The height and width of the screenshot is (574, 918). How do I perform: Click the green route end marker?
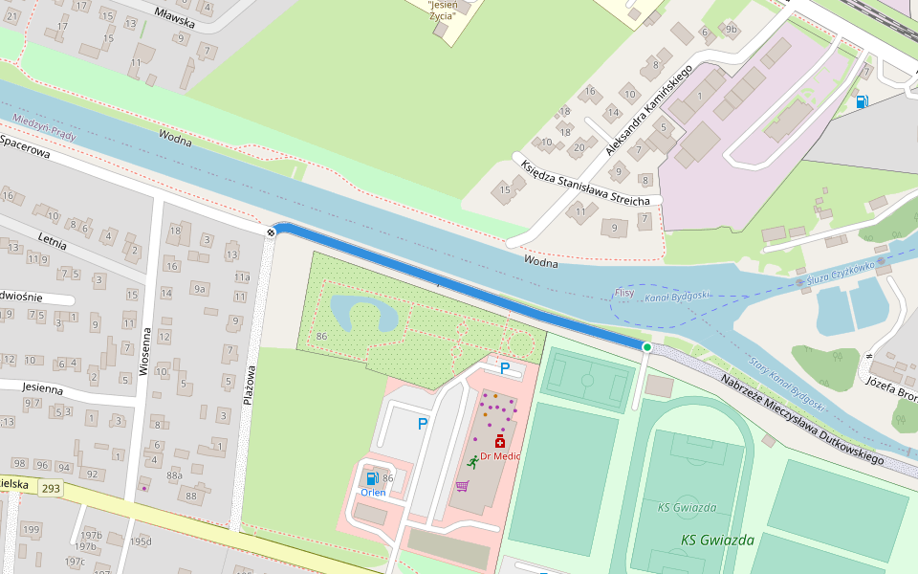pos(647,347)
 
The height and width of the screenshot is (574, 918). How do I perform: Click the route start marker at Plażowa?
pos(273,231)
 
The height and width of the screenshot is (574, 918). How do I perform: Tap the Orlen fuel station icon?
pos(371,477)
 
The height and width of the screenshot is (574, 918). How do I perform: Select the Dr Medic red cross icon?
pos(499,441)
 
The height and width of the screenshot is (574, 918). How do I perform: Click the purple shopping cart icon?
pos(462,486)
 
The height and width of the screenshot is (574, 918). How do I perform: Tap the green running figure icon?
pos(472,462)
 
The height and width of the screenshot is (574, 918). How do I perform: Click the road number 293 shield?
pos(51,488)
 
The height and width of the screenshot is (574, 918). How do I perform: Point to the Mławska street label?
pos(174,16)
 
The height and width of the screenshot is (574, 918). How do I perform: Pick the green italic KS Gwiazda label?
pos(717,540)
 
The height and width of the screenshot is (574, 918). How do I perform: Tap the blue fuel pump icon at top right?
pos(862,101)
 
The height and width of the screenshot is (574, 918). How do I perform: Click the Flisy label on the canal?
pos(623,293)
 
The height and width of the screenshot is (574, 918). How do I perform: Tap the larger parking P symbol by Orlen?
pos(421,423)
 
